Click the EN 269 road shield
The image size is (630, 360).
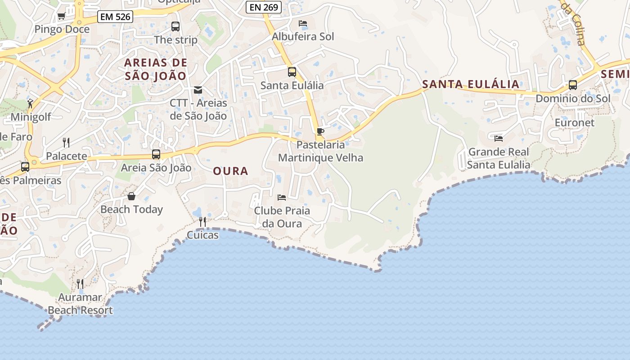coord(264,7)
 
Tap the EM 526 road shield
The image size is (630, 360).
coord(115,17)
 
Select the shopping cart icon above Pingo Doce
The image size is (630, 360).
coord(61,16)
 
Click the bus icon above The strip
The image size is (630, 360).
coord(175,27)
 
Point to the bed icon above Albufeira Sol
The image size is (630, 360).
coord(303,23)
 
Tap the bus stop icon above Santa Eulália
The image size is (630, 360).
coord(292,72)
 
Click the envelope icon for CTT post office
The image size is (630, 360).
coord(198,90)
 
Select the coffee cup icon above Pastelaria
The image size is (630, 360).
coord(320,131)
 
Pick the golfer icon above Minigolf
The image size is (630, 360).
coord(30,103)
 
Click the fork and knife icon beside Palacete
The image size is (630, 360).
coord(66,143)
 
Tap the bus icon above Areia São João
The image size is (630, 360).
coord(156,154)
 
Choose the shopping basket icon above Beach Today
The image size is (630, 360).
coord(131,196)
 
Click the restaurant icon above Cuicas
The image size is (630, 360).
coord(202,222)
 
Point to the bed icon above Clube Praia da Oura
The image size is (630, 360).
coord(282,197)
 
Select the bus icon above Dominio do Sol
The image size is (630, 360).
coord(573,85)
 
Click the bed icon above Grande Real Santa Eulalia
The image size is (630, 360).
coord(498,139)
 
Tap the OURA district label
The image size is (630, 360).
coord(230,171)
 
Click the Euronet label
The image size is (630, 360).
coord(574,122)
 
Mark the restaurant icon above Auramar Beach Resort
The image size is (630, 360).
coord(80,283)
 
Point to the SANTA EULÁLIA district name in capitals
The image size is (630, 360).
coord(471,84)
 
